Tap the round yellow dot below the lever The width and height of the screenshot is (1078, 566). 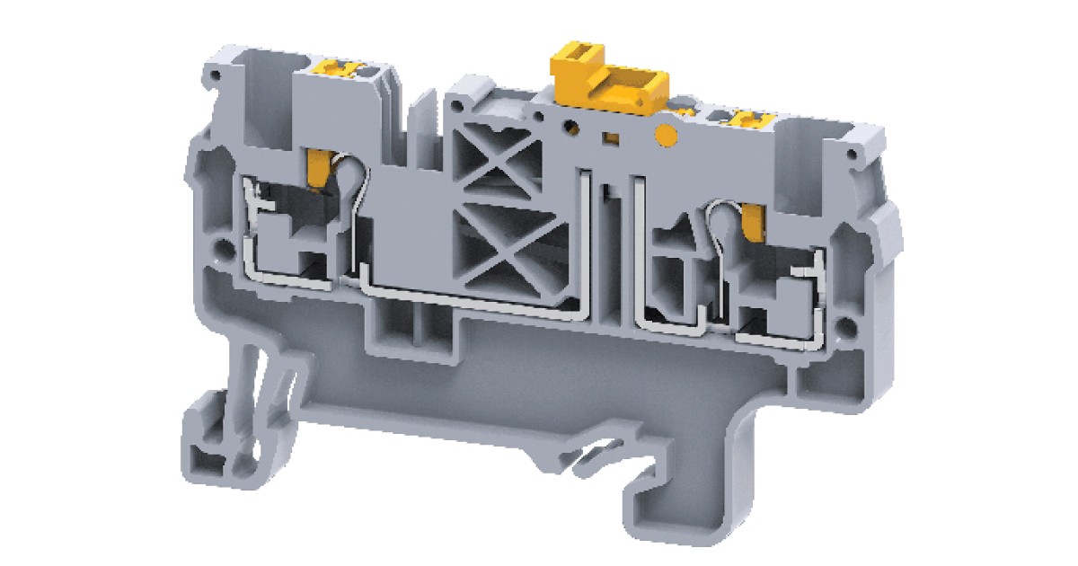[666, 137]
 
